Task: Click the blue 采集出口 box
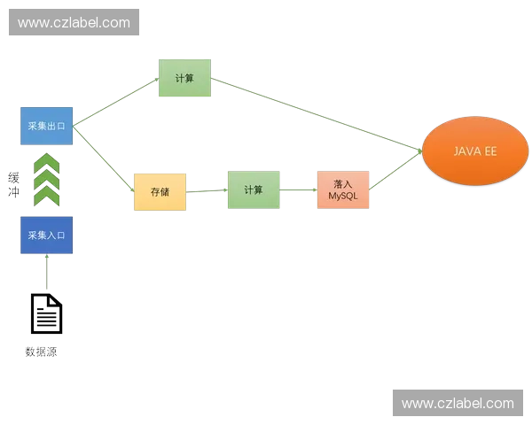pyautogui.click(x=46, y=127)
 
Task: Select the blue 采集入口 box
pyautogui.click(x=46, y=235)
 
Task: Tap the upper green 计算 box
pyautogui.click(x=184, y=78)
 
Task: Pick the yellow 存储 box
pyautogui.click(x=160, y=191)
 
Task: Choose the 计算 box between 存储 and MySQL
pyautogui.click(x=254, y=190)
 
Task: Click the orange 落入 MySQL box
pyautogui.click(x=341, y=190)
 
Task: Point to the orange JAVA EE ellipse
pyautogui.click(x=474, y=151)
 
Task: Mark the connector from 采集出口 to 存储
pyautogui.click(x=104, y=156)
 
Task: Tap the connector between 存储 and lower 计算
pyautogui.click(x=207, y=190)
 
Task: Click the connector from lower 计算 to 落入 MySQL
pyautogui.click(x=297, y=188)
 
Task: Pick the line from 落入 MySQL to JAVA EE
pyautogui.click(x=395, y=169)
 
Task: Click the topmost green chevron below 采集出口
pyautogui.click(x=46, y=163)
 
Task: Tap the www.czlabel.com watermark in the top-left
pyautogui.click(x=74, y=23)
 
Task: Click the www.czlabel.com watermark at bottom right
pyautogui.click(x=458, y=404)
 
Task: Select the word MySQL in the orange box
pyautogui.click(x=341, y=196)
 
